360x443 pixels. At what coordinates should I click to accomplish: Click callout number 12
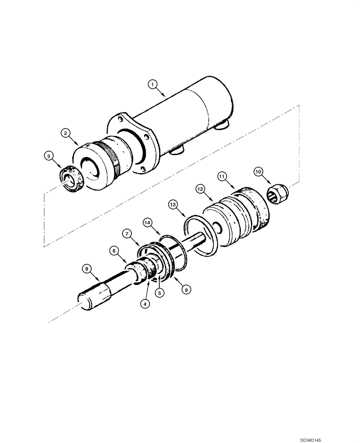(200, 190)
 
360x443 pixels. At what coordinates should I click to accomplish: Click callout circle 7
(127, 233)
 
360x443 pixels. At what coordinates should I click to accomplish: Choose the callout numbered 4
(144, 304)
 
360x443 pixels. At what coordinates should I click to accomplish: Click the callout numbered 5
(158, 292)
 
